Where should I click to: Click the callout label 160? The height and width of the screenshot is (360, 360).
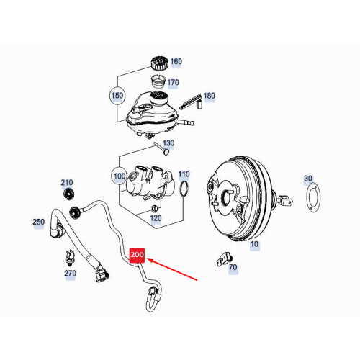tap(176, 62)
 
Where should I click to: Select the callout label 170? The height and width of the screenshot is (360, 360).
tap(173, 83)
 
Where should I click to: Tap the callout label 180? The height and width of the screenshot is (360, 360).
tap(209, 96)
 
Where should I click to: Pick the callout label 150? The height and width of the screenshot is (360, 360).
tap(117, 96)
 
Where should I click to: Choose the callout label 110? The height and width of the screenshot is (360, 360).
tap(184, 174)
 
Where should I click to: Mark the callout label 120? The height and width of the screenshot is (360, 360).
tap(155, 218)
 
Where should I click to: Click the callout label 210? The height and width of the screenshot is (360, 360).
tap(67, 183)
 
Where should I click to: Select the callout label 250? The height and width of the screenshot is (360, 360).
tap(39, 222)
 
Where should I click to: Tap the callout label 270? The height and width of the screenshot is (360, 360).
tap(69, 274)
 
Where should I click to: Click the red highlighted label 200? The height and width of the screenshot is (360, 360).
tap(137, 255)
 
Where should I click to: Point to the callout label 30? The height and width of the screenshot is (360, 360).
tap(308, 179)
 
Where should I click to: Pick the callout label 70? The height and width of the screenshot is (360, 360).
tap(233, 268)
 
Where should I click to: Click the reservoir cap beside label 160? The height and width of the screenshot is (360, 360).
tap(157, 62)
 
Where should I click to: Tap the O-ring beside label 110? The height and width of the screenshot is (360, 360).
tap(185, 189)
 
